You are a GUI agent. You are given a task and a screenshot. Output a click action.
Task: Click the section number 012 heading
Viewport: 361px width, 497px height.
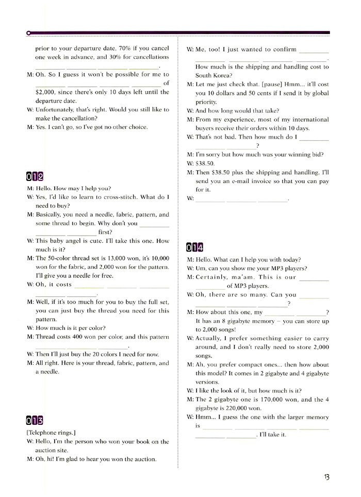click(36, 176)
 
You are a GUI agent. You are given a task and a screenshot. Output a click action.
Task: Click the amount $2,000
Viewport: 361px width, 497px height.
click(46, 92)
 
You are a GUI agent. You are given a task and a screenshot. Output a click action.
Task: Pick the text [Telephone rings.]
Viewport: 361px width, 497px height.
click(48, 433)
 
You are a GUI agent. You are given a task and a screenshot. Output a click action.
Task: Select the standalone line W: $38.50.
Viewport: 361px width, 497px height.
click(200, 163)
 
